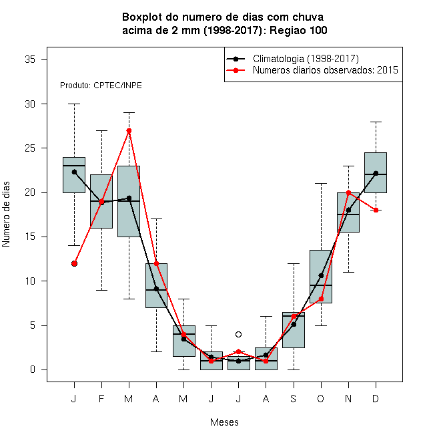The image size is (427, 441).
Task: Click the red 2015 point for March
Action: point(129,130)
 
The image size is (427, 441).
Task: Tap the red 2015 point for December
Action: point(376,210)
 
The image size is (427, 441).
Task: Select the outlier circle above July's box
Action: point(238,334)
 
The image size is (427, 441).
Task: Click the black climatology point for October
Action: point(321,275)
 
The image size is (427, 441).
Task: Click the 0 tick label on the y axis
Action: point(33,370)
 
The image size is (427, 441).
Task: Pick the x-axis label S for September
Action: point(294,398)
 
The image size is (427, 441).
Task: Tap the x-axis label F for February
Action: point(101,398)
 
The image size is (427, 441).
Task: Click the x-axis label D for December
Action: point(376,398)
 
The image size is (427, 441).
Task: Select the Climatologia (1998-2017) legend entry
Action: point(292,59)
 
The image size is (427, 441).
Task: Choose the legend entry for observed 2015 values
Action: point(312,70)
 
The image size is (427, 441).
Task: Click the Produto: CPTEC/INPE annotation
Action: point(101,86)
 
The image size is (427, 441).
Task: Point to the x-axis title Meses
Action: point(224,422)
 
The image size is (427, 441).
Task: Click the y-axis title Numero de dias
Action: point(6,214)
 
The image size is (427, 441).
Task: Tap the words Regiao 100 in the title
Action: point(298,30)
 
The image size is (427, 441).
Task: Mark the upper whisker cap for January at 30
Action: point(74,104)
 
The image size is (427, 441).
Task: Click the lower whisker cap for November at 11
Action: point(348,272)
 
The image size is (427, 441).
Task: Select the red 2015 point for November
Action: point(349,192)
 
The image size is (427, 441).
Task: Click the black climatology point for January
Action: point(74,172)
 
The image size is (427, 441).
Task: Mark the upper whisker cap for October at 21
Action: point(321,183)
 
